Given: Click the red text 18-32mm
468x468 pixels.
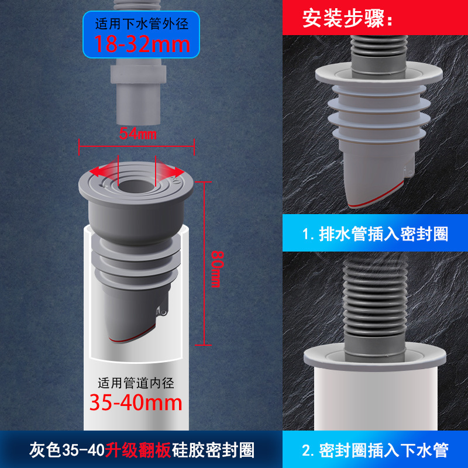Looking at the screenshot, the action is [x=142, y=44].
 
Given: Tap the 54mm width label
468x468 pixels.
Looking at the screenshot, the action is [x=137, y=133].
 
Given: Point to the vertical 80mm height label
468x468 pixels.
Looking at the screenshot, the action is [x=217, y=269].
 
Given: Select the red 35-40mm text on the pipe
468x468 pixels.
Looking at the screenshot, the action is [x=136, y=402].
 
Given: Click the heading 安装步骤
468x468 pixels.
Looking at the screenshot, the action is [x=347, y=19].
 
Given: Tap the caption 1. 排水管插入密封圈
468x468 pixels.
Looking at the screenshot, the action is [x=375, y=233].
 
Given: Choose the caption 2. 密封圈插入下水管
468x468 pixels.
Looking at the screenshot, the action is [x=375, y=450].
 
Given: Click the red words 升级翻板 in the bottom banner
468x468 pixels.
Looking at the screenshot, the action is [x=138, y=450].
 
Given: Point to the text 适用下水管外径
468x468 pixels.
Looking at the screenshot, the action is [x=142, y=24].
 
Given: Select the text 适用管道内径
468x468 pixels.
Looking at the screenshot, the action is [x=136, y=383].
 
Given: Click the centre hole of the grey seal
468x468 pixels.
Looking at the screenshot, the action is [x=136, y=187].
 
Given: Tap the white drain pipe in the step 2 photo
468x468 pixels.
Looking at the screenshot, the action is [x=376, y=400].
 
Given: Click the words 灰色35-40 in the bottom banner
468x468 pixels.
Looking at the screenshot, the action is [x=67, y=450].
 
